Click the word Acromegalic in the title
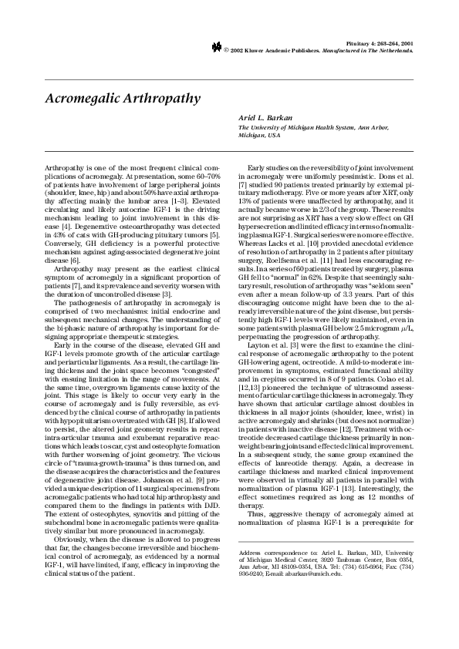pos(86,99)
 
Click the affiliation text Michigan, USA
pos(260,134)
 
